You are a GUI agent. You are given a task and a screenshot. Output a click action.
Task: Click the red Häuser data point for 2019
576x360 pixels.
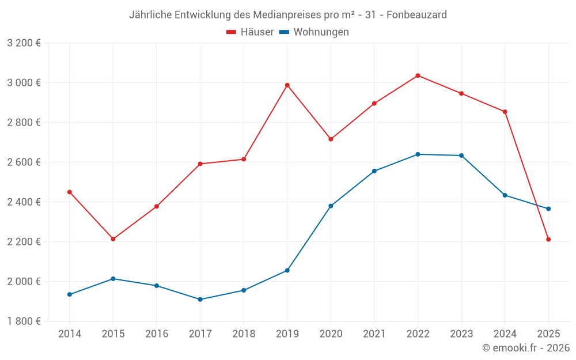click(287, 85)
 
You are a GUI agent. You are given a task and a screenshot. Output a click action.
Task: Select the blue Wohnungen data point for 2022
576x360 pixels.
click(418, 154)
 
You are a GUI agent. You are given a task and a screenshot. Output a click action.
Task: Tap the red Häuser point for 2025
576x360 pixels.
click(548, 239)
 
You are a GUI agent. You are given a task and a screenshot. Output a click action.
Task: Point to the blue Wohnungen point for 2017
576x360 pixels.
click(200, 300)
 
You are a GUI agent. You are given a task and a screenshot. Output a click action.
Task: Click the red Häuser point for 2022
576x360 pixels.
click(418, 75)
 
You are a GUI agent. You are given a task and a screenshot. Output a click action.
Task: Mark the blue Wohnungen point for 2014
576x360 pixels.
click(70, 294)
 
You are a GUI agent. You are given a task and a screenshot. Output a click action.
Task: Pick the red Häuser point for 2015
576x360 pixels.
click(113, 239)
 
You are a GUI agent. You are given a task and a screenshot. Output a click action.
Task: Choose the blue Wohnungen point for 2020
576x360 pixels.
click(331, 206)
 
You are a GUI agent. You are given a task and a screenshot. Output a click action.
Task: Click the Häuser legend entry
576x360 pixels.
click(250, 32)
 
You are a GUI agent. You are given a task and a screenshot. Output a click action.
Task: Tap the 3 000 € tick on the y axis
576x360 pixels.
click(24, 82)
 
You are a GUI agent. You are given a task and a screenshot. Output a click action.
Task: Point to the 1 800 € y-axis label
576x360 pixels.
click(24, 321)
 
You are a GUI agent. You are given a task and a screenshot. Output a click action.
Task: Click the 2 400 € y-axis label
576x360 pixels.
click(24, 202)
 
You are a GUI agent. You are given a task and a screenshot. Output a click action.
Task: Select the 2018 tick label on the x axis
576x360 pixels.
click(244, 334)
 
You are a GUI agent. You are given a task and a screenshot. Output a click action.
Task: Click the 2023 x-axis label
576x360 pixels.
click(461, 334)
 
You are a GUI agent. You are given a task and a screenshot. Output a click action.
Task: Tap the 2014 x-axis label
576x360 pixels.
click(70, 334)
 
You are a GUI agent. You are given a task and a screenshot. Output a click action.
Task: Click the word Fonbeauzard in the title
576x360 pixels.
click(416, 15)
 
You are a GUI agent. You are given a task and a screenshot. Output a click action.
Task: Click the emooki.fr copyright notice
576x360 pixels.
click(525, 348)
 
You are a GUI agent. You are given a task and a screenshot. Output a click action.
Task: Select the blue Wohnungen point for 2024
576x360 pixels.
click(505, 195)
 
